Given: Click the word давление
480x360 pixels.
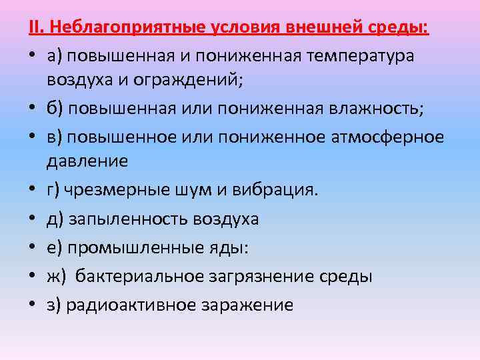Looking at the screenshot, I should [x=87, y=161].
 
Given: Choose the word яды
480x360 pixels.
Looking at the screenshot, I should [x=231, y=247].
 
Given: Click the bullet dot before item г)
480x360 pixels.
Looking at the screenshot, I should [x=33, y=191].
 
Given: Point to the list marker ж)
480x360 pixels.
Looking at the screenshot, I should [x=57, y=276].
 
